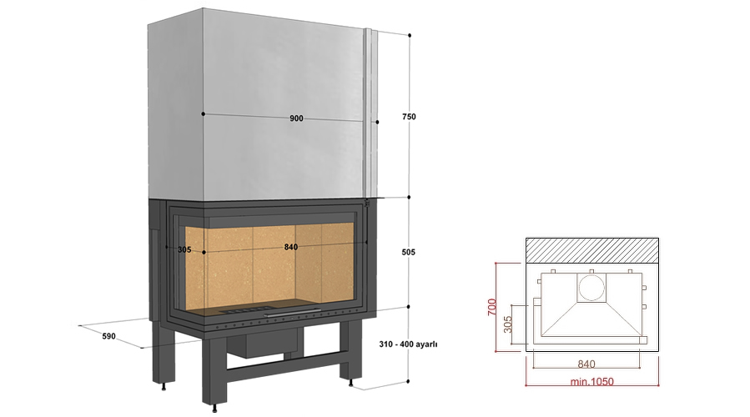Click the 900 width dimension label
tap(296, 118)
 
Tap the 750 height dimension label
tap(409, 116)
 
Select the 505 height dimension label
tap(409, 252)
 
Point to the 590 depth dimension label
tap(108, 336)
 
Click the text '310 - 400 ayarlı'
tap(408, 344)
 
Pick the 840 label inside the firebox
tap(291, 247)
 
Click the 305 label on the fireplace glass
tap(184, 249)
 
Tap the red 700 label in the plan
tap(492, 307)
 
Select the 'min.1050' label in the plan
tap(591, 382)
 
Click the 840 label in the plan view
tap(586, 364)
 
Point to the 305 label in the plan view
tap(508, 324)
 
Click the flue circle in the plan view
tap(591, 289)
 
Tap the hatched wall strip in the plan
tap(592, 250)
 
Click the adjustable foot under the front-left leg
tap(215, 409)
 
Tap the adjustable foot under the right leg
tap(352, 383)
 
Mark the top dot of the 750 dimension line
tap(410, 35)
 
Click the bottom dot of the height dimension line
tap(408, 382)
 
